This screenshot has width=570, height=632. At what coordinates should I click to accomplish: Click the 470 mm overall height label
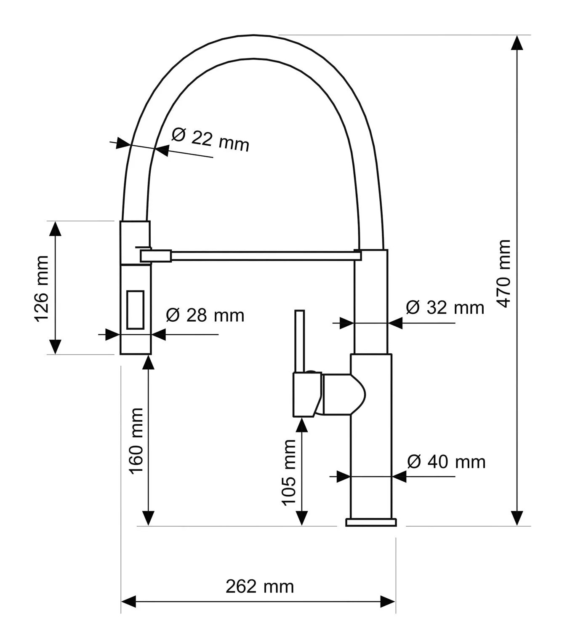click(503, 273)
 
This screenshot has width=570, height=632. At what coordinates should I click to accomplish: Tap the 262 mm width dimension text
click(260, 587)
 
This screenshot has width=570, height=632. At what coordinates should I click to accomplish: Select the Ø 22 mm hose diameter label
click(210, 140)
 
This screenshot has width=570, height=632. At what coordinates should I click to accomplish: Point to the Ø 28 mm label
click(205, 315)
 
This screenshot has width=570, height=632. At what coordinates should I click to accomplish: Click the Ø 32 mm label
click(445, 307)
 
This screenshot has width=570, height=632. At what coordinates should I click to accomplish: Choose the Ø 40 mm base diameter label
click(446, 462)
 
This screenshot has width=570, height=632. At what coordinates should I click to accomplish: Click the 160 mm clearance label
click(136, 441)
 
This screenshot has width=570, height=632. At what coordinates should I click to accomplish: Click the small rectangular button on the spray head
click(135, 310)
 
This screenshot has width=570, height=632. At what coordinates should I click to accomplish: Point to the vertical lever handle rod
click(300, 341)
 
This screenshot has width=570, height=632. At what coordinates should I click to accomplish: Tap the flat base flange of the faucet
click(371, 523)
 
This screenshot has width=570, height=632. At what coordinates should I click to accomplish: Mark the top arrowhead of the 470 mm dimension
click(517, 43)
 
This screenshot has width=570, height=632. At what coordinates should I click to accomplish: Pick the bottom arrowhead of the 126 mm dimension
click(56, 347)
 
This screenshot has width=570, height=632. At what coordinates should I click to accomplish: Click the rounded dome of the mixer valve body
click(358, 394)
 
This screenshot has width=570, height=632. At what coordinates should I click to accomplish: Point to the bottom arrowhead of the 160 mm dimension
click(149, 518)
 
